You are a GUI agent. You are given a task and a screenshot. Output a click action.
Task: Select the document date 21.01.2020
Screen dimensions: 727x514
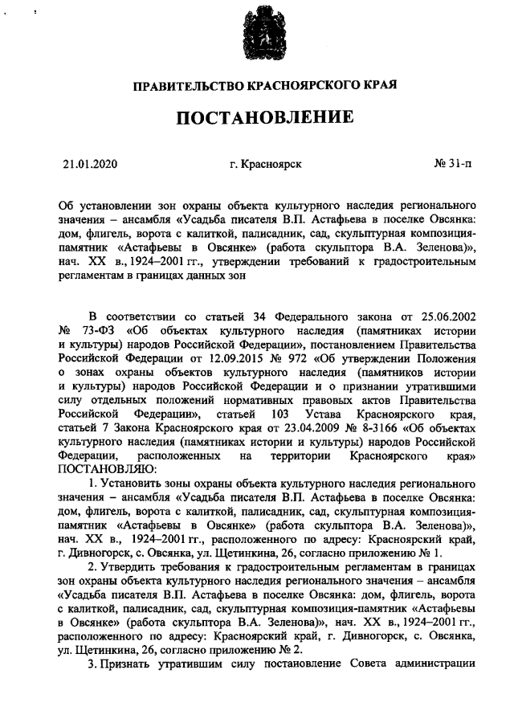click(91, 165)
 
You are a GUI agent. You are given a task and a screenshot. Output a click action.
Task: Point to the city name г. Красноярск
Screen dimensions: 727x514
click(265, 165)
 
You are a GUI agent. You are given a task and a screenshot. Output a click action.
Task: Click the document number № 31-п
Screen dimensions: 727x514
click(452, 165)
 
